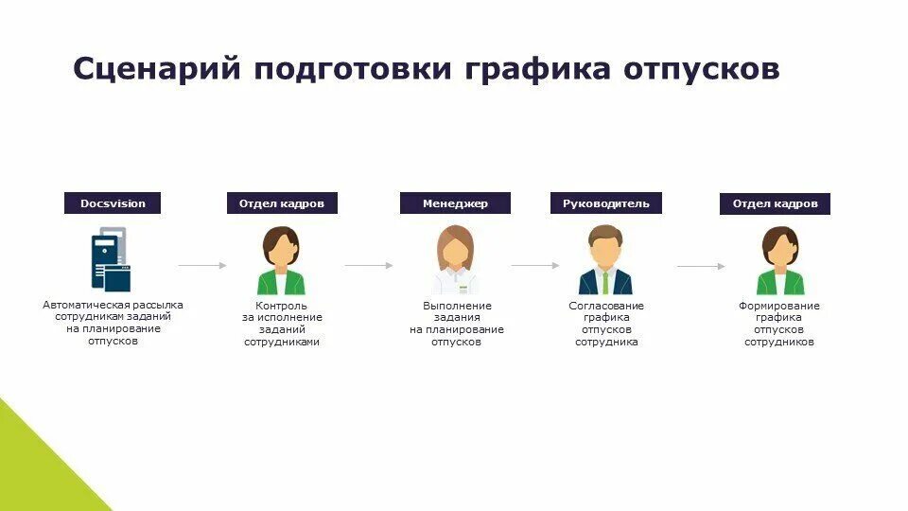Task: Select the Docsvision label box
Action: click(x=113, y=203)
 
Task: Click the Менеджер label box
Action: click(x=455, y=203)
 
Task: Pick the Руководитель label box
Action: click(x=606, y=203)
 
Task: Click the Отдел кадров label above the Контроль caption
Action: click(x=282, y=203)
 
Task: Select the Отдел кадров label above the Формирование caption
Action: click(x=775, y=203)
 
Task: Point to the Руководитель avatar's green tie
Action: click(x=605, y=282)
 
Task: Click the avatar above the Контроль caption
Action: click(x=281, y=261)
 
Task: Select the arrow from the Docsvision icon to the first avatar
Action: click(x=202, y=266)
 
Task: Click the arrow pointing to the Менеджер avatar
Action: click(x=369, y=266)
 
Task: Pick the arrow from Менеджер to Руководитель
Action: click(x=535, y=266)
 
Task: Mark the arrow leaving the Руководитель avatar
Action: click(x=701, y=266)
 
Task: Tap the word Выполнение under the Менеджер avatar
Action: click(x=457, y=306)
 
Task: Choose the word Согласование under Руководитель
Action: click(x=606, y=306)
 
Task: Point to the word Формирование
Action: click(x=779, y=306)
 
